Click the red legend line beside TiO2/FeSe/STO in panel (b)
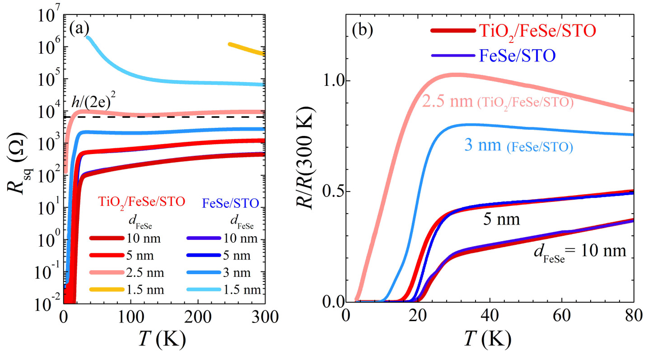[x=453, y=31]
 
